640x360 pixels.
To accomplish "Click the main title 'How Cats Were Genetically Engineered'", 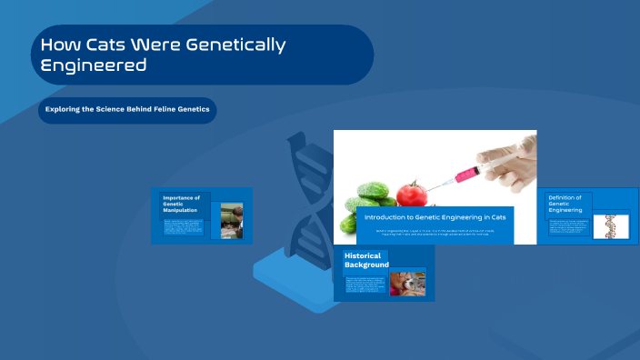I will (164, 55).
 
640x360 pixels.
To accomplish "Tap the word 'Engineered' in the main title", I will (94, 65).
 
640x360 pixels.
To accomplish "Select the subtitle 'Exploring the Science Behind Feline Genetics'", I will (127, 110).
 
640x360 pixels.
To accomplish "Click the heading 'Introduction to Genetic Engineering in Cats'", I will (435, 217).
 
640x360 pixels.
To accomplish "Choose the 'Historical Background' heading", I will (366, 260).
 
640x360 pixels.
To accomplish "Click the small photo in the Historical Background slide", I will (407, 284).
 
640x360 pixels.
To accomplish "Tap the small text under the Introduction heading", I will (435, 233).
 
